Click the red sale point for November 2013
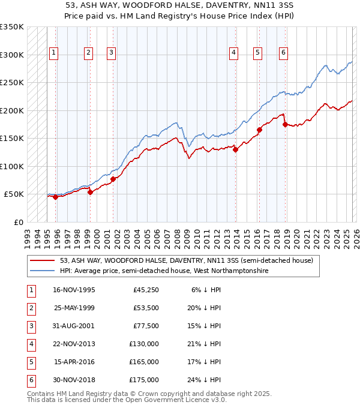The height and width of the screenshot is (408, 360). pyautogui.click(x=236, y=150)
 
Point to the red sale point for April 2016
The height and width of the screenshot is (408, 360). pyautogui.click(x=260, y=130)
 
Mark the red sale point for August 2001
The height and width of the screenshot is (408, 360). pyautogui.click(x=113, y=179)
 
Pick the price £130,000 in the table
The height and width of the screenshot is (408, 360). pyautogui.click(x=144, y=344)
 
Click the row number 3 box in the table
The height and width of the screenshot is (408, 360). pyautogui.click(x=31, y=326)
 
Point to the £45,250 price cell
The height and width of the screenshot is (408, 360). pyautogui.click(x=146, y=290)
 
